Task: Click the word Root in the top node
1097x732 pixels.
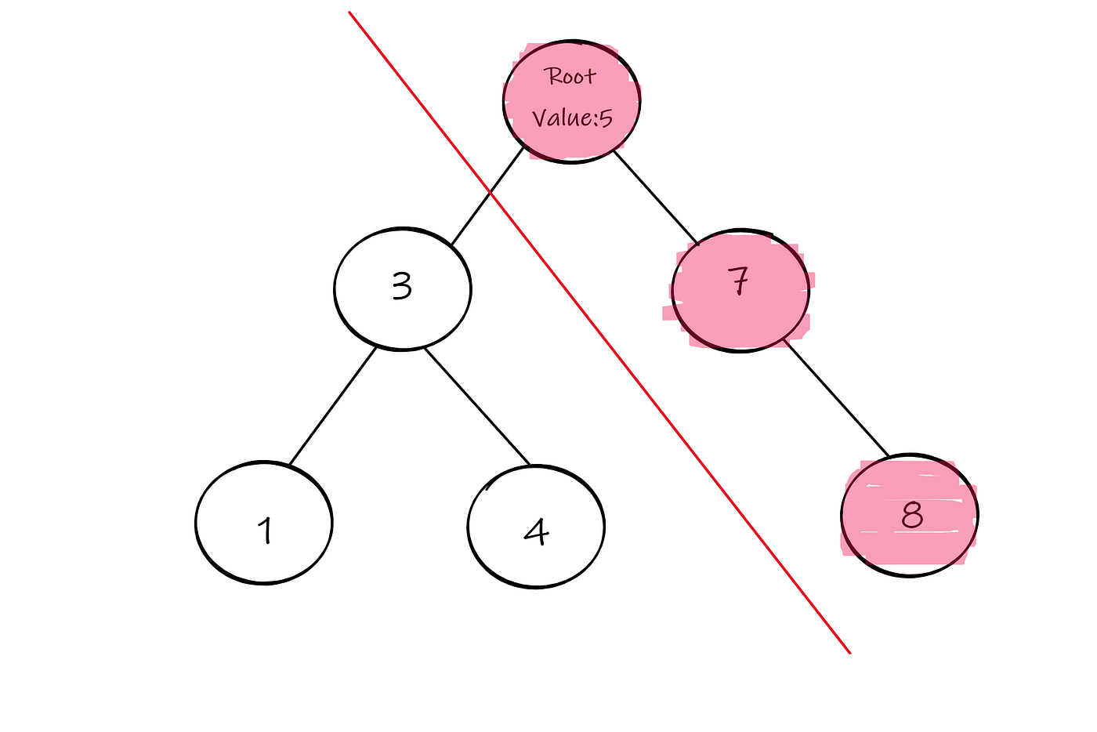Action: coord(570,77)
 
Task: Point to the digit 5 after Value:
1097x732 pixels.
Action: coord(606,119)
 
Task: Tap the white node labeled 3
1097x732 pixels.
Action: coord(402,288)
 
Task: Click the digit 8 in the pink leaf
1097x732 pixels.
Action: coord(911,515)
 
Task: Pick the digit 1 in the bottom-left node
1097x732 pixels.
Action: coord(266,530)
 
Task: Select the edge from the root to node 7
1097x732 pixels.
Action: coord(655,197)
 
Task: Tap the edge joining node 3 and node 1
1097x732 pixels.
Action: coord(332,406)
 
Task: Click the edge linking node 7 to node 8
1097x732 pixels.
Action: coord(837,398)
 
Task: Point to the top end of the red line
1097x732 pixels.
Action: coord(349,13)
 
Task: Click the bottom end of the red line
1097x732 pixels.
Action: coord(850,652)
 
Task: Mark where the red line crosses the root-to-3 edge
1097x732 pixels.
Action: coord(490,191)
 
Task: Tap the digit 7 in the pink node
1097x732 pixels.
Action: coord(739,281)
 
